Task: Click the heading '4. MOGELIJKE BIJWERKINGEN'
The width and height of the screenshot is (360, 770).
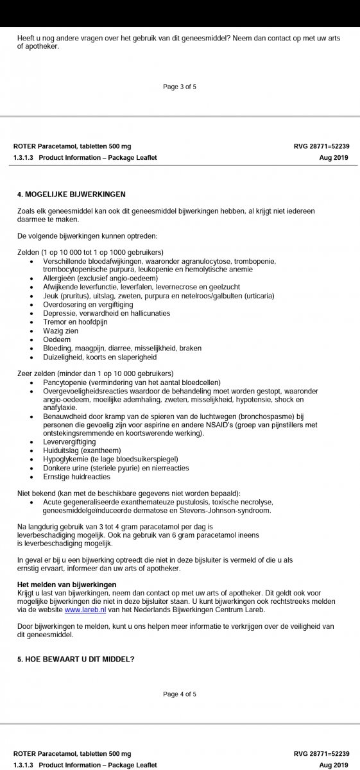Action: (71, 194)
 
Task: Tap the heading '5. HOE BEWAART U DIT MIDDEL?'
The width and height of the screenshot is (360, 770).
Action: (76, 659)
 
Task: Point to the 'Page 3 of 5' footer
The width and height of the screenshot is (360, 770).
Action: (180, 87)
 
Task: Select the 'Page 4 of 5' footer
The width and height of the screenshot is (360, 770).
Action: (180, 694)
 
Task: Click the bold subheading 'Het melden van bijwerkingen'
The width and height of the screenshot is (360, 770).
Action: (67, 584)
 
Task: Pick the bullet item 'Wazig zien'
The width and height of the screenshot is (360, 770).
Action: (60, 330)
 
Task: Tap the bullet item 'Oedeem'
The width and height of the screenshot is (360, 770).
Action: (56, 339)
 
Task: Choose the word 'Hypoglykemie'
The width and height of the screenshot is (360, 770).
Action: (66, 459)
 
